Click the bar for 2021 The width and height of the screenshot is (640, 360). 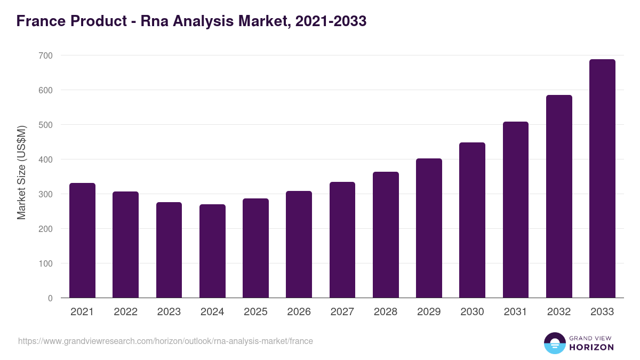[x=82, y=241]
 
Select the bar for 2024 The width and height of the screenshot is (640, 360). [x=212, y=251]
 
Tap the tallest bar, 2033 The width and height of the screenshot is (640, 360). [x=602, y=179]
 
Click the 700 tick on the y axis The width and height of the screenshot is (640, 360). [x=46, y=55]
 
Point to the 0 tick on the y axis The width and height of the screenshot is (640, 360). [x=50, y=298]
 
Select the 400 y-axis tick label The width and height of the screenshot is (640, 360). [x=46, y=159]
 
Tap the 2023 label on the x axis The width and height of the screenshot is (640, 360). [x=169, y=312]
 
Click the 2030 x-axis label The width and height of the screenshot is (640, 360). [x=472, y=312]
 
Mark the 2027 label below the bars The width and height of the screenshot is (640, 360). [x=342, y=312]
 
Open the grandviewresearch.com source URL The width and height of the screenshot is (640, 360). [x=165, y=341]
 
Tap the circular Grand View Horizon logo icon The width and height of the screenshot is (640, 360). [x=554, y=343]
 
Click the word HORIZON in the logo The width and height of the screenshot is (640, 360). [x=591, y=347]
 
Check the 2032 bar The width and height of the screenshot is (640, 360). [x=559, y=197]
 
